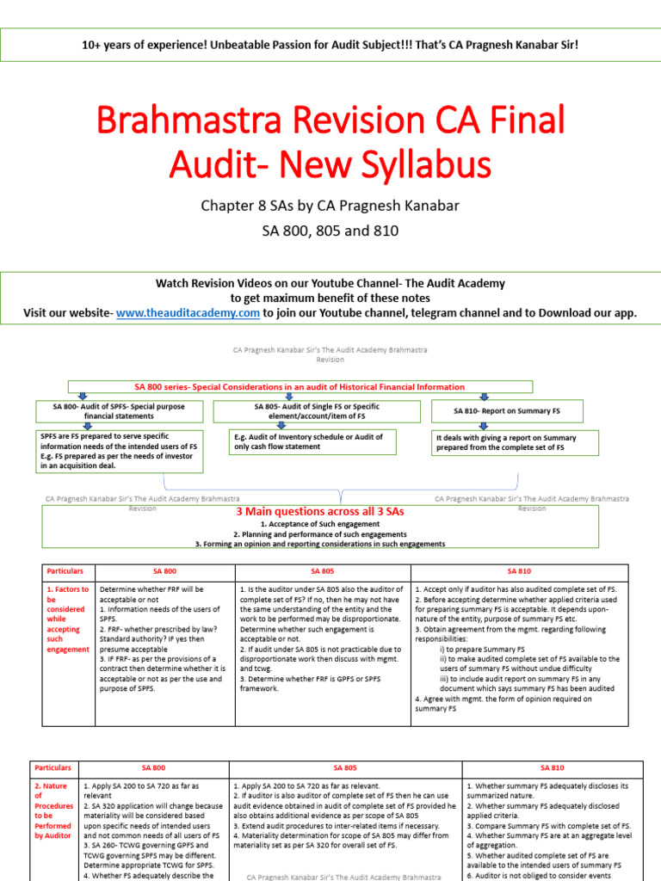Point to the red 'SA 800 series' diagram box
tap(300, 387)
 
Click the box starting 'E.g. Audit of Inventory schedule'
tap(308, 442)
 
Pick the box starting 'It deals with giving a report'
tap(507, 443)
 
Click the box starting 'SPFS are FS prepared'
tap(119, 452)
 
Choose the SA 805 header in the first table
tap(322, 570)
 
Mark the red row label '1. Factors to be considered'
tap(66, 619)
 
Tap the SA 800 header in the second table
tap(154, 767)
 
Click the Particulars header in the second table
tap(53, 767)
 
